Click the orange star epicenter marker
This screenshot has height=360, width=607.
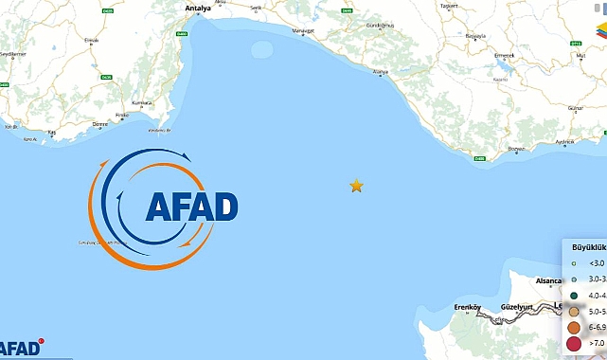[356, 186]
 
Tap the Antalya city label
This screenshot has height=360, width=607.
[197, 9]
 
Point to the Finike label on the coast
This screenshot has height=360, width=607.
[121, 116]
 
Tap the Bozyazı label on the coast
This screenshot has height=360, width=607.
[517, 150]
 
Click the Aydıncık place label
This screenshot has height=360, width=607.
[565, 142]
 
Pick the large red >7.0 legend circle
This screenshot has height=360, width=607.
[574, 343]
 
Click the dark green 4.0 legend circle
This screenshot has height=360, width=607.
[574, 295]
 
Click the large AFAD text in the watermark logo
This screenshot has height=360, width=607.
[191, 207]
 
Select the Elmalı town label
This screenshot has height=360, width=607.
[92, 40]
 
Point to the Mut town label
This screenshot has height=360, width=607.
[569, 54]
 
